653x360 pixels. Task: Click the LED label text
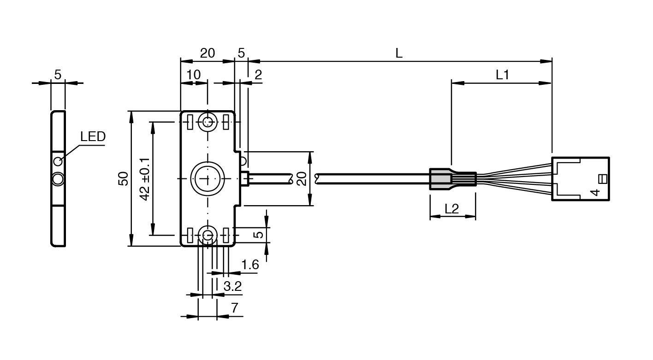point(93,136)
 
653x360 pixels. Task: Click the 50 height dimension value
point(123,178)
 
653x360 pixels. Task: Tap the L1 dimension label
point(502,75)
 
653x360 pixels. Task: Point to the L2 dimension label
point(451,208)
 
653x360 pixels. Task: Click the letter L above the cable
point(399,53)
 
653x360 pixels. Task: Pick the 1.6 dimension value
point(250,265)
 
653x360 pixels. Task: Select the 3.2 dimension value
point(232,286)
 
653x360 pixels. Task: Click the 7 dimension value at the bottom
point(235,308)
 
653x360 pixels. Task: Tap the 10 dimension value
point(193,75)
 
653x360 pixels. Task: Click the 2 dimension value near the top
point(258,75)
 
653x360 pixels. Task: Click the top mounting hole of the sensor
point(208,122)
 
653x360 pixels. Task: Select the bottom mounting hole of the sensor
point(208,235)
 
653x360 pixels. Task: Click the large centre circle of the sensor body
point(207,178)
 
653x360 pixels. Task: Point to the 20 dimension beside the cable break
point(302,178)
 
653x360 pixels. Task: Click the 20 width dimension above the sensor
point(207,53)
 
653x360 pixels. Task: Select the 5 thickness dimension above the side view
point(58,75)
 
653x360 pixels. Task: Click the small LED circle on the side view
point(58,161)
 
